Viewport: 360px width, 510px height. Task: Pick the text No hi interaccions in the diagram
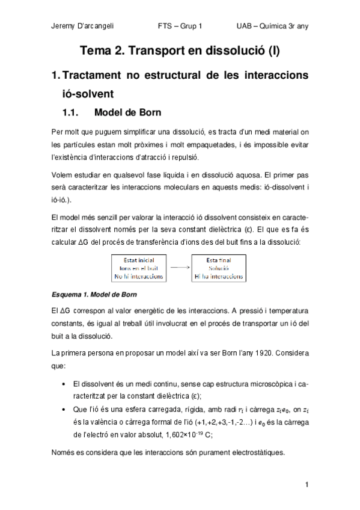138,277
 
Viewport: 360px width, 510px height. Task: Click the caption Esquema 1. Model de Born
94,295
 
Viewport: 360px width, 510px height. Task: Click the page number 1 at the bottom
307,485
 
